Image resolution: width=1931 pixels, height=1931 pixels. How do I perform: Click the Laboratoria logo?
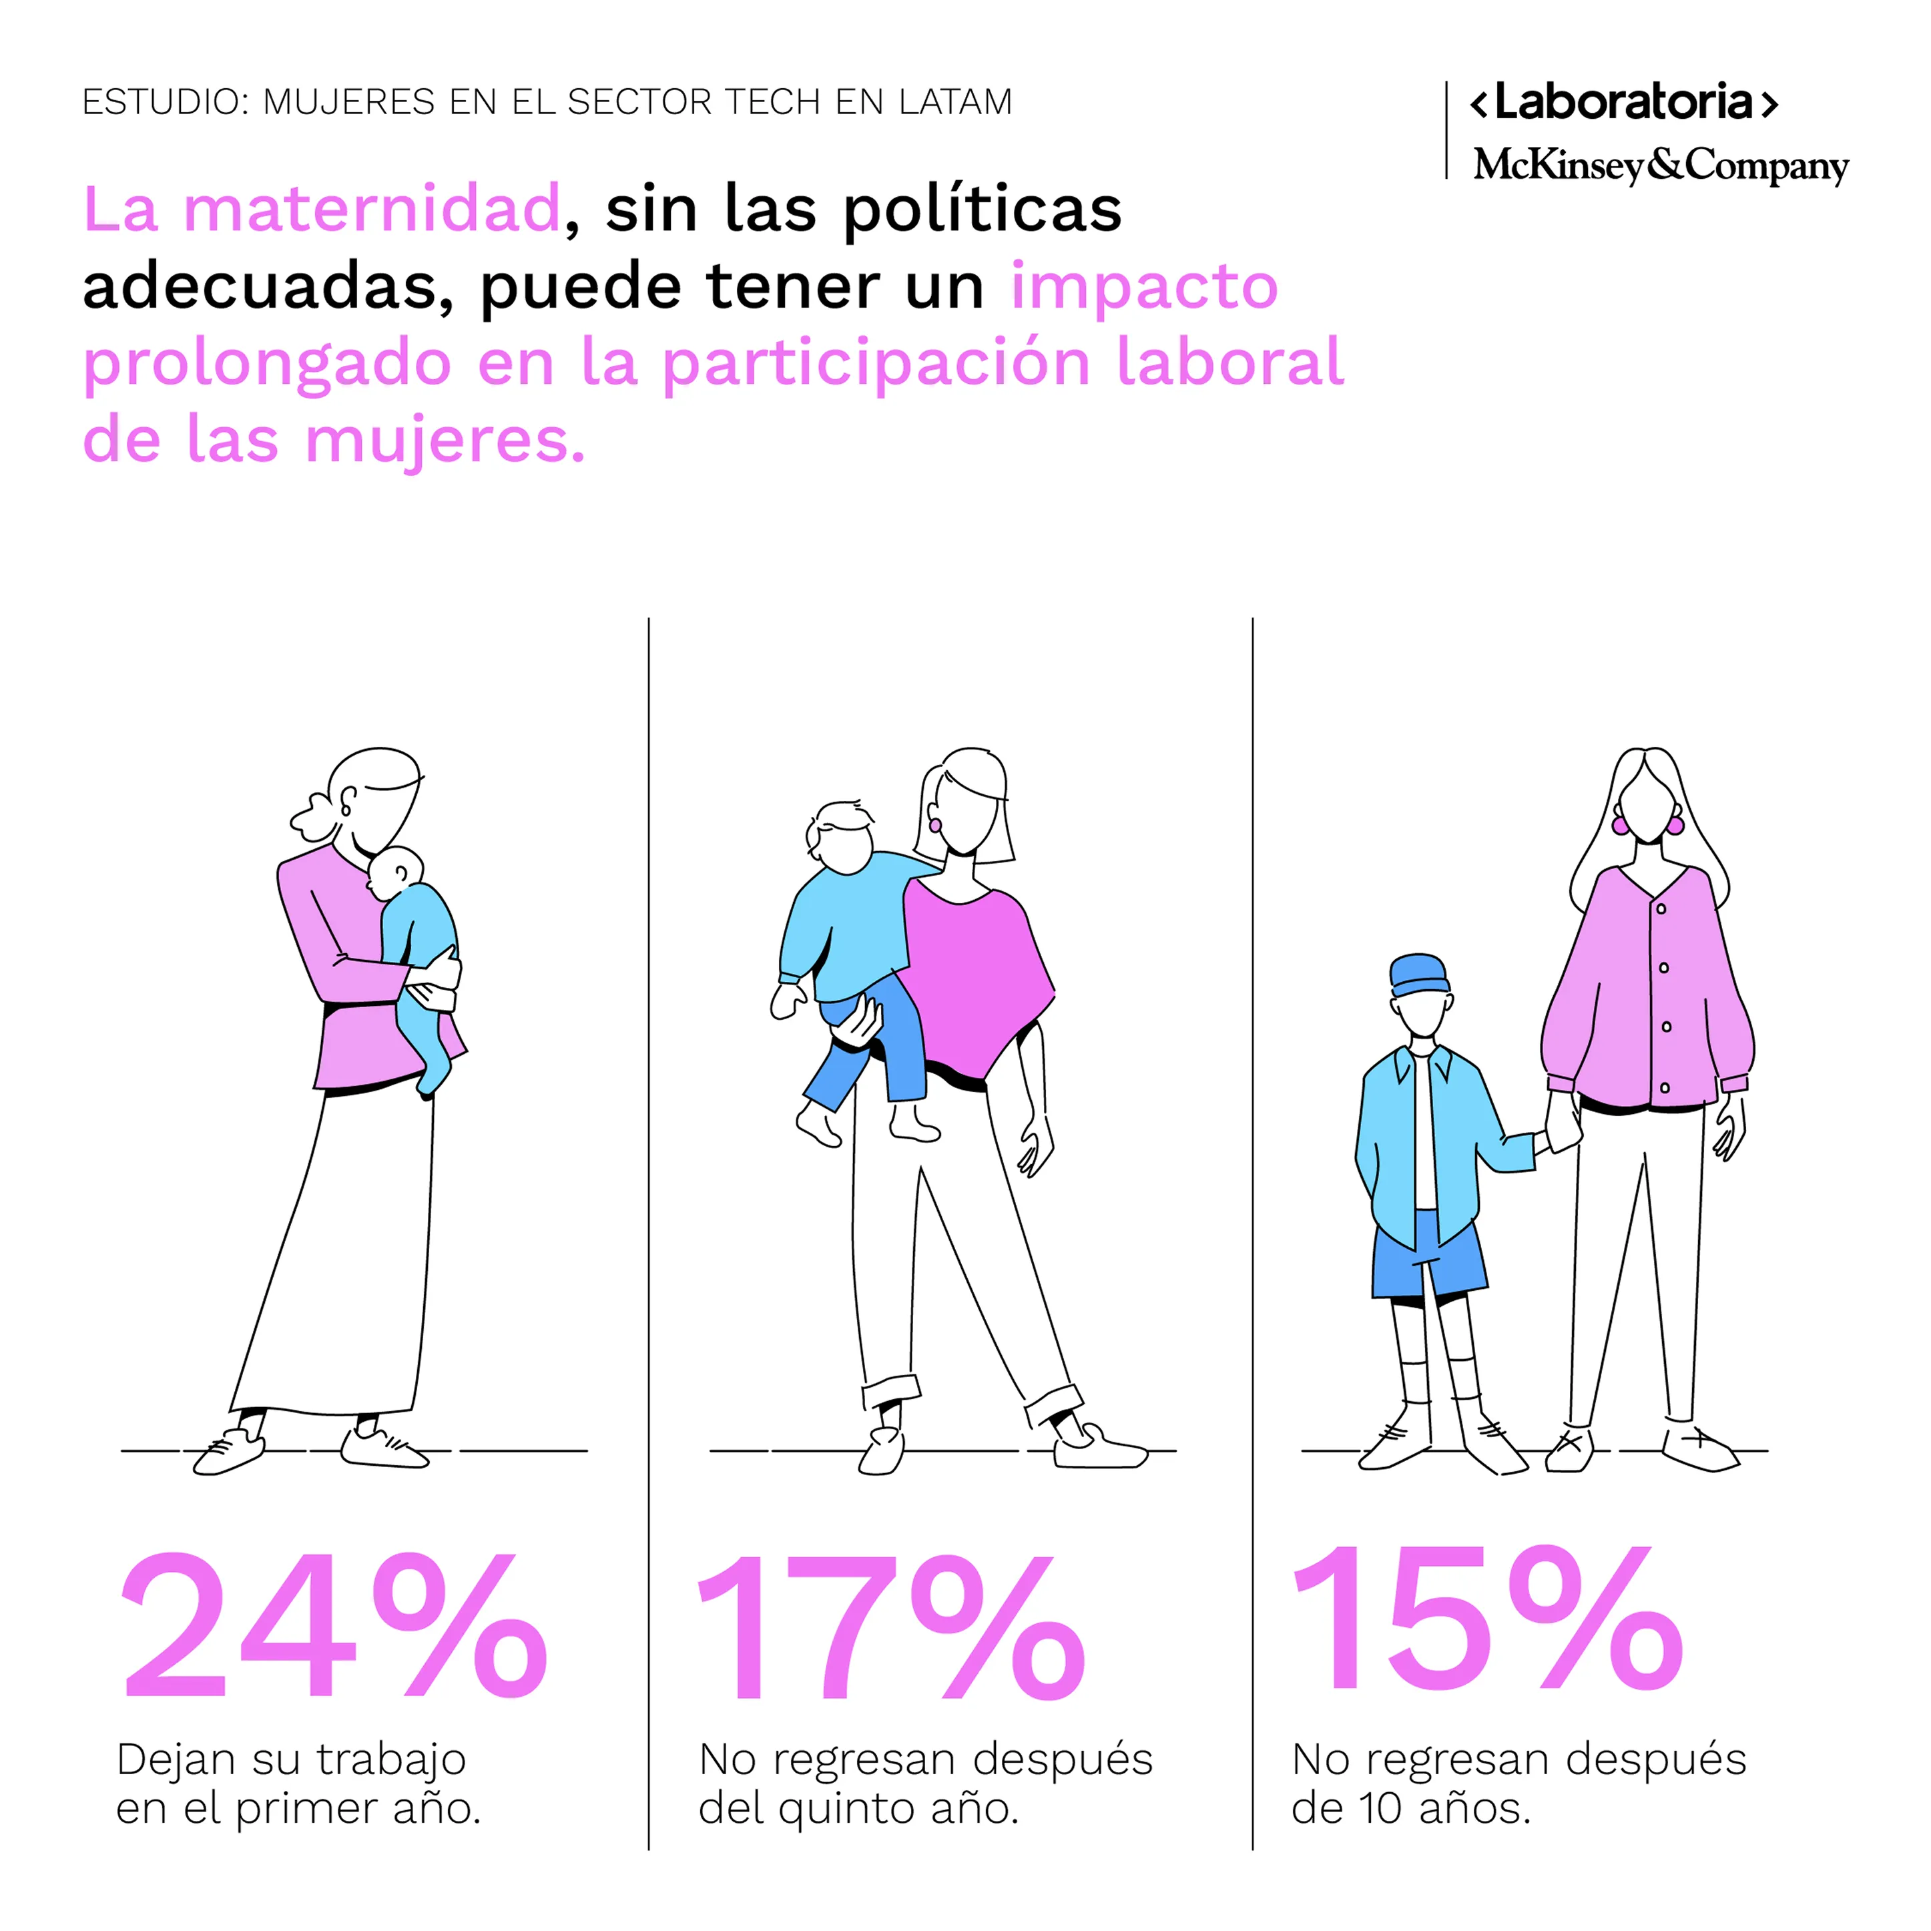[1623, 103]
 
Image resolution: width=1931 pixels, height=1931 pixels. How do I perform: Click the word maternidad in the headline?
[372, 209]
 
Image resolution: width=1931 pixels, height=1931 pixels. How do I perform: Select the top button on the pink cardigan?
[1661, 908]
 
